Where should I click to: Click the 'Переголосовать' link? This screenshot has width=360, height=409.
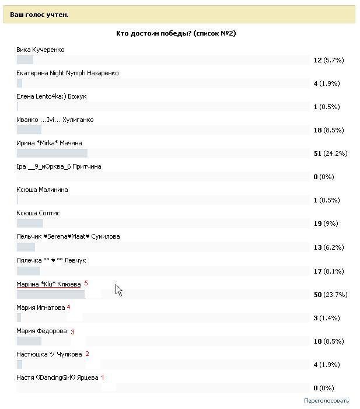click(x=326, y=401)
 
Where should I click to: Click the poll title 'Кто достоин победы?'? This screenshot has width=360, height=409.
click(x=176, y=33)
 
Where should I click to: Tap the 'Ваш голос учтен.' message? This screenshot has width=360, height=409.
click(x=39, y=14)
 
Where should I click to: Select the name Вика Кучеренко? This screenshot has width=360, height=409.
click(x=40, y=50)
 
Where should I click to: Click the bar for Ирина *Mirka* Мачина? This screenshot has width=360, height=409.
click(x=52, y=153)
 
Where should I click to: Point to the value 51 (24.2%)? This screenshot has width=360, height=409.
click(x=330, y=153)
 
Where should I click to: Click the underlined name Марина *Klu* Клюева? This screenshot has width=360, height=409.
click(x=48, y=284)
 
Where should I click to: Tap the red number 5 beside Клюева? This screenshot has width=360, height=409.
click(x=86, y=283)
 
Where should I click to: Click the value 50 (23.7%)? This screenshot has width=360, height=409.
click(x=330, y=295)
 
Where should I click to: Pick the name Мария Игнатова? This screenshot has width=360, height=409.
click(x=40, y=307)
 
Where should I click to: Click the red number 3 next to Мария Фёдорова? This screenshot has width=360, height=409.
click(x=72, y=332)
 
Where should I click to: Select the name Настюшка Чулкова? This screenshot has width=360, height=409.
click(x=49, y=354)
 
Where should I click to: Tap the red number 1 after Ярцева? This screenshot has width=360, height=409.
click(x=103, y=377)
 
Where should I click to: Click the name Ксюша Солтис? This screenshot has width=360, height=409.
click(x=38, y=213)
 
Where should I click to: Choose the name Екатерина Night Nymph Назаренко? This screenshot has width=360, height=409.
click(x=67, y=73)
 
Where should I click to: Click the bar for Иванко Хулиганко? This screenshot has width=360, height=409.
click(x=29, y=130)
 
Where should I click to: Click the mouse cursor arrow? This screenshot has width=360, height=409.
click(x=118, y=290)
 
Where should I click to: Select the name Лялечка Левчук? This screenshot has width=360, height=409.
click(x=51, y=260)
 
